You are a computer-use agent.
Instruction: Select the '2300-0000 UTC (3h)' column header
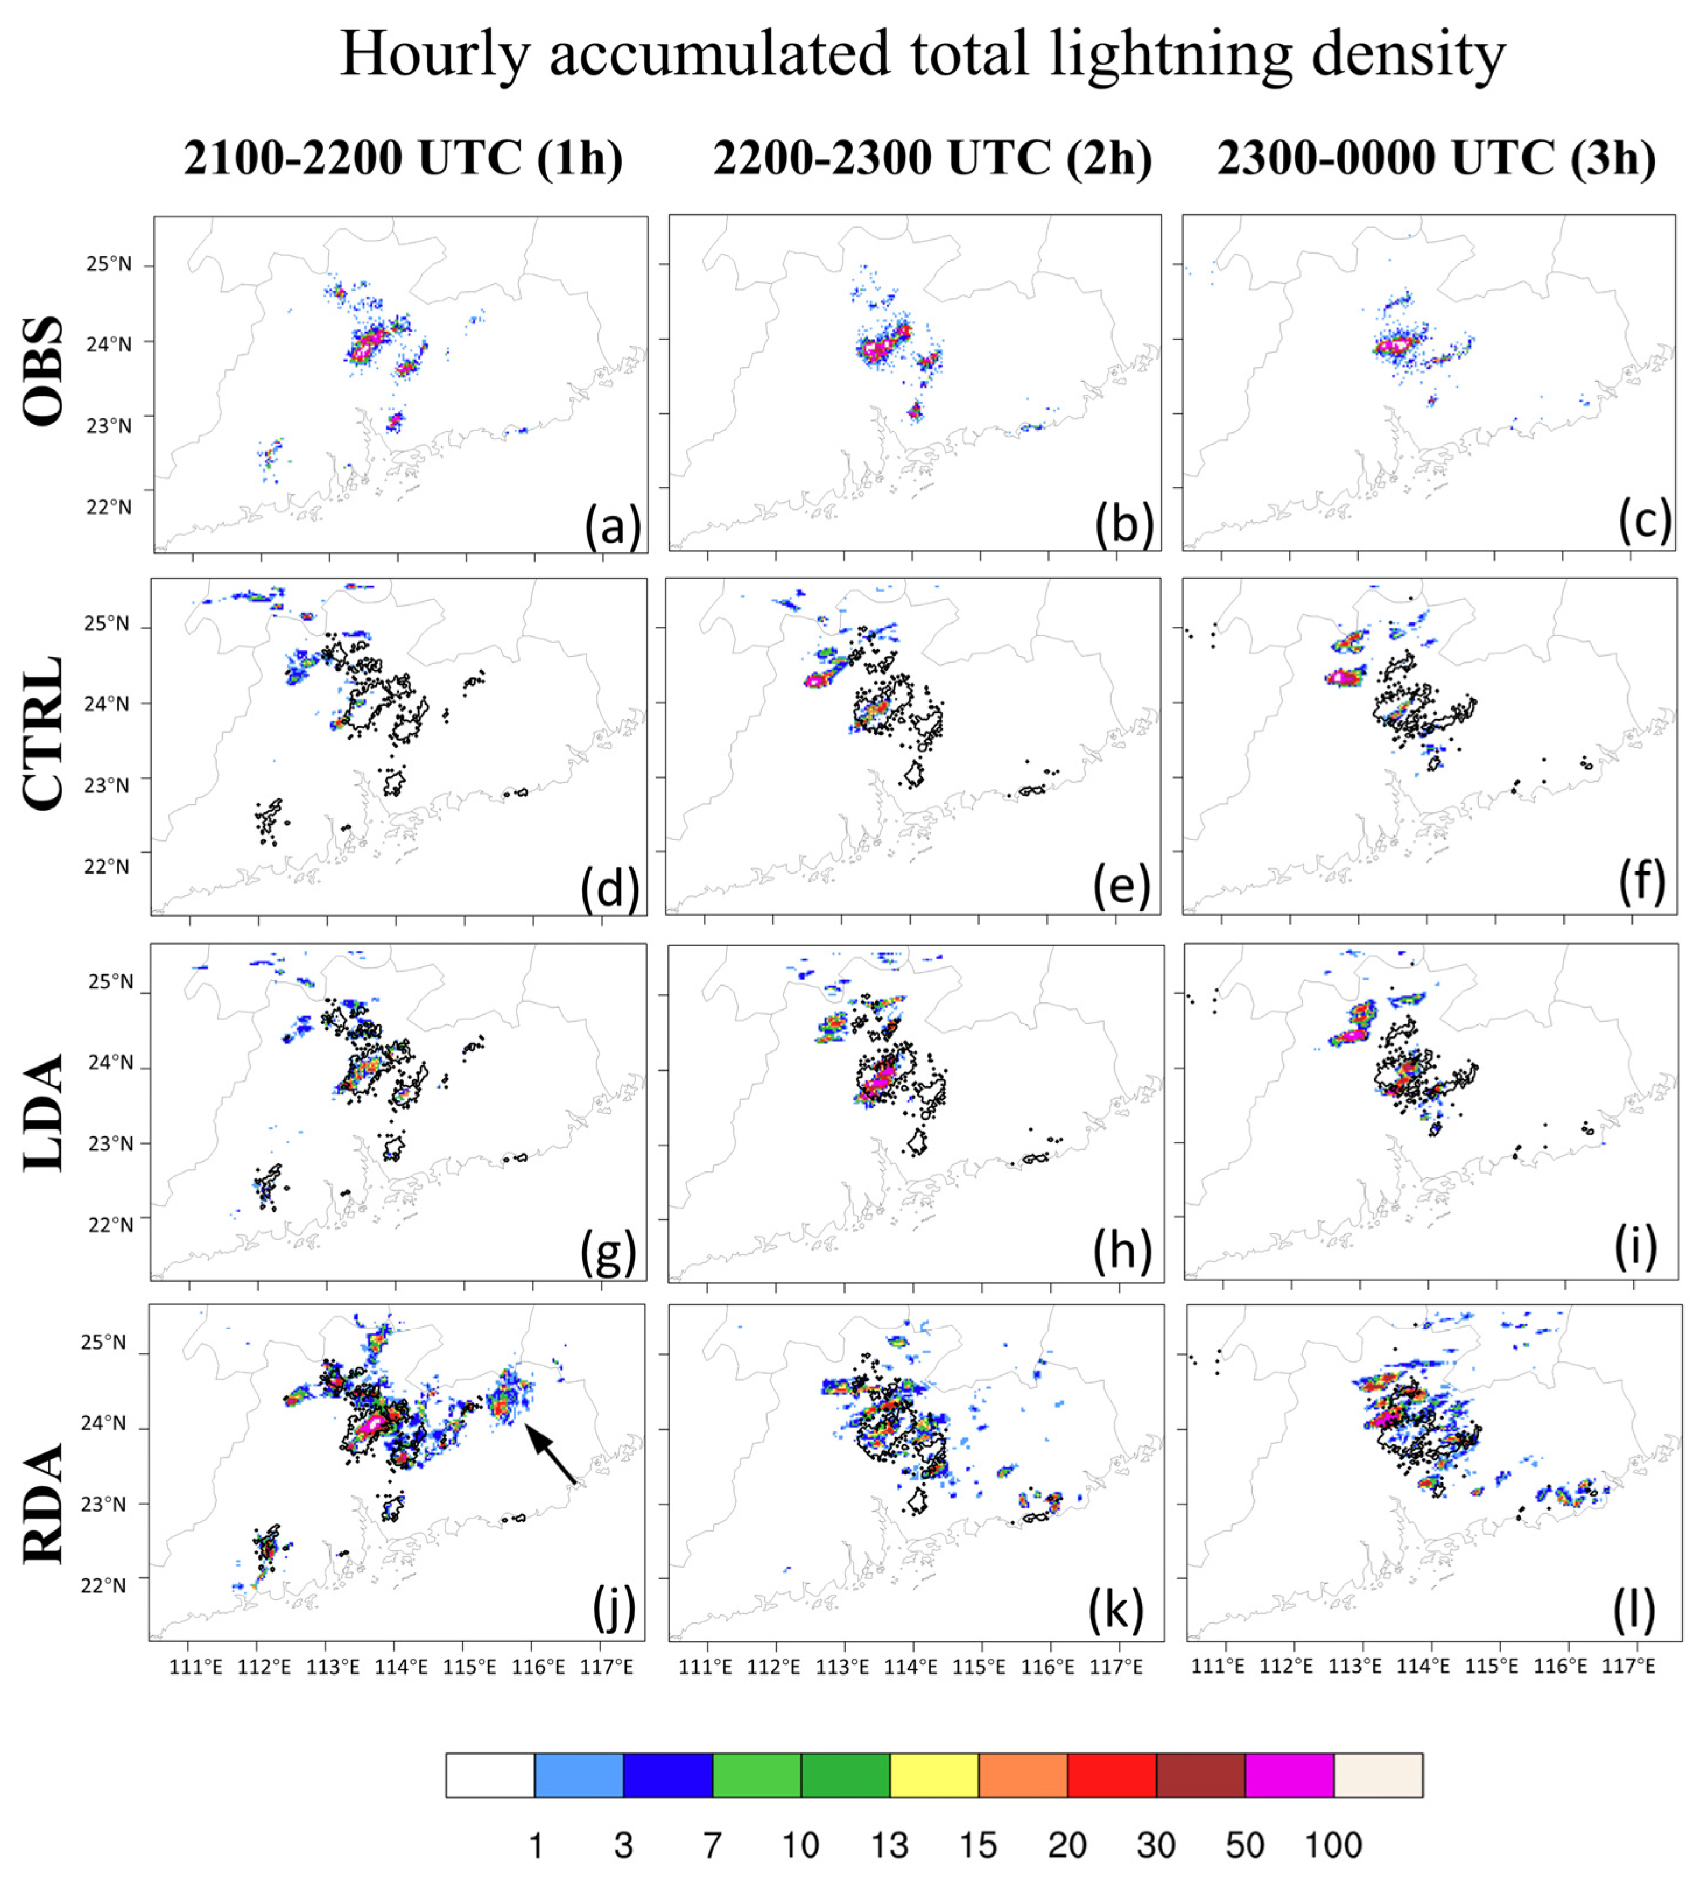[1436, 158]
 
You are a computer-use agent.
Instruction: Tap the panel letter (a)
[613, 526]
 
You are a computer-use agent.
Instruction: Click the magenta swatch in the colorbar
[1289, 1776]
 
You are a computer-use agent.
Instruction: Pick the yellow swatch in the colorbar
[933, 1776]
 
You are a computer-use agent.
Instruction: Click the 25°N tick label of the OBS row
[110, 265]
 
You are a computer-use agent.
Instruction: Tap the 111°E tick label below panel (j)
[195, 1666]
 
